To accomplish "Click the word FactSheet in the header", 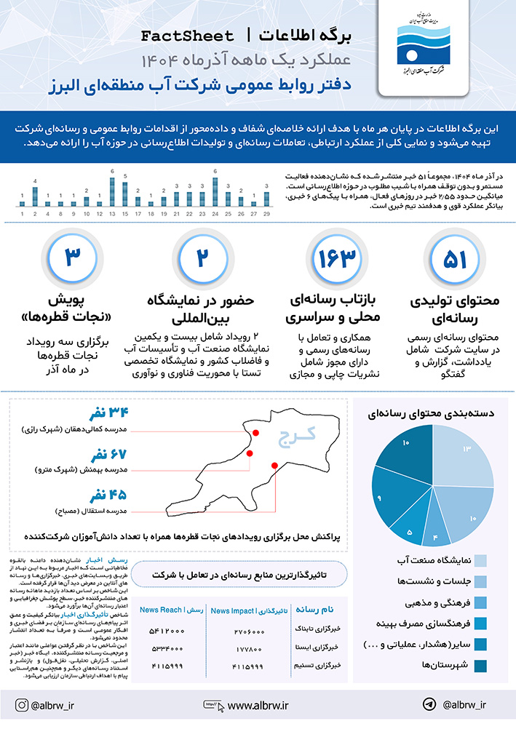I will [x=188, y=36].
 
